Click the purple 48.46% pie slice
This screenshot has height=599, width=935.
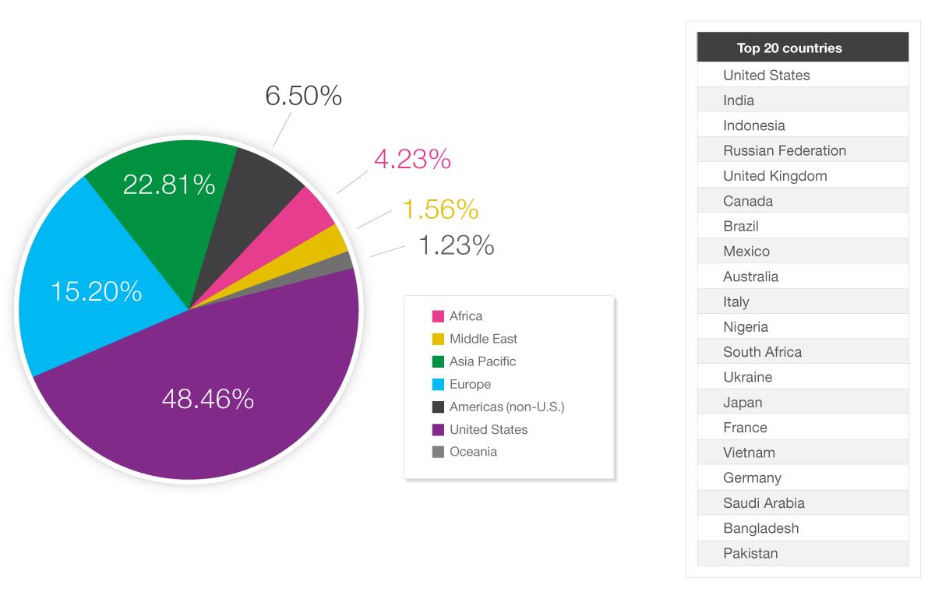(208, 400)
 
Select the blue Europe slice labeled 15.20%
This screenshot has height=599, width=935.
(96, 291)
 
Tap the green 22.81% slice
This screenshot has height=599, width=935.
(169, 185)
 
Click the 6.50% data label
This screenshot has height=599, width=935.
(303, 96)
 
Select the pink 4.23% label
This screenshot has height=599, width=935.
(412, 159)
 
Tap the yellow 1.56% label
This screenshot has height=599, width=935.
(440, 209)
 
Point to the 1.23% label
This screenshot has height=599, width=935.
(456, 245)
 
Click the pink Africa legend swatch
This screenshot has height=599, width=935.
(438, 316)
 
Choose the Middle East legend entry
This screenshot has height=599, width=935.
(483, 339)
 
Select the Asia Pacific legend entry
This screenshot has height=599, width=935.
(482, 361)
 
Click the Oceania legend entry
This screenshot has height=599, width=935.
(473, 452)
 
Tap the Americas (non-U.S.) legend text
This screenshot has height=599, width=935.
(506, 407)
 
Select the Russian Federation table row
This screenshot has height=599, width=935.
(785, 150)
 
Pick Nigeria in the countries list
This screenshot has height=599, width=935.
(746, 326)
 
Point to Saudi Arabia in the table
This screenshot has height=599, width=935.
(764, 502)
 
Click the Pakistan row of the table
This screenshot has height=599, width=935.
(750, 553)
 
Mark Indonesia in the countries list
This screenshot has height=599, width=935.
(754, 125)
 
